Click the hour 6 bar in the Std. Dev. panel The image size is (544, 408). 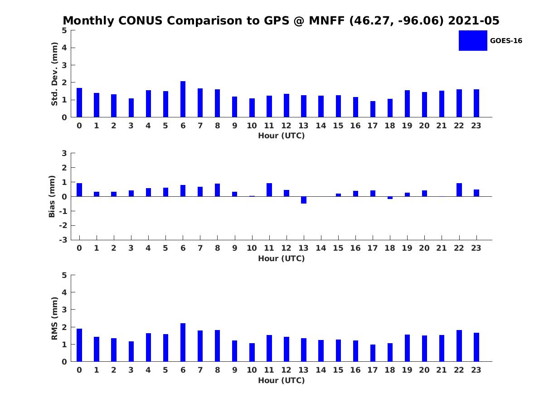tap(183, 99)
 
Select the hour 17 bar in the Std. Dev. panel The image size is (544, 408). tap(373, 109)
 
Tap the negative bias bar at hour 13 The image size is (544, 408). tap(304, 200)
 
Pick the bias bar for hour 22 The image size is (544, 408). tap(459, 190)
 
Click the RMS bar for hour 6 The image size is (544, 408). tap(183, 342)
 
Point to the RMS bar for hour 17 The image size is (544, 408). tap(373, 353)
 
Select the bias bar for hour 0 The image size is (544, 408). tap(79, 190)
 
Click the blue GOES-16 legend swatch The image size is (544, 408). tap(472, 40)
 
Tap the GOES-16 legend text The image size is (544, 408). tap(506, 41)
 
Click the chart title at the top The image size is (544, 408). tap(281, 21)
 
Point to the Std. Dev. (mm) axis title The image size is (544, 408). tap(54, 74)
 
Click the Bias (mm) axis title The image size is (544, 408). tap(52, 196)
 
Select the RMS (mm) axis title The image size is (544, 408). tap(54, 318)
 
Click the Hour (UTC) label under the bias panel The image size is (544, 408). tap(281, 258)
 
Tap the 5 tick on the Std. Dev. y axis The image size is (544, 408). tap(64, 30)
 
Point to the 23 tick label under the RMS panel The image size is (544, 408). tap(476, 370)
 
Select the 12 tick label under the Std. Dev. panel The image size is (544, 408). tap(287, 126)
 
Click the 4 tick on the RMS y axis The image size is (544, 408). tap(64, 292)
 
